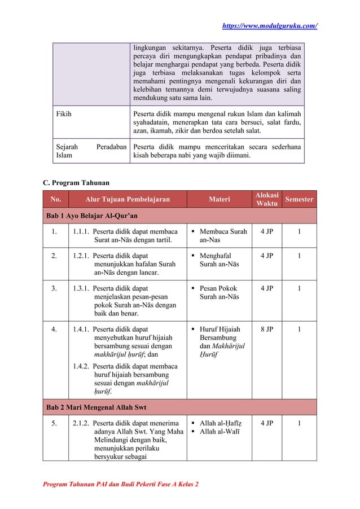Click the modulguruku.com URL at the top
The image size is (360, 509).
click(x=270, y=26)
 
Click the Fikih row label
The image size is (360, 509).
click(x=64, y=113)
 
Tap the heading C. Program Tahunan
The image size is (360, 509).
click(x=78, y=182)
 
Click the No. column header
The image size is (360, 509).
click(x=56, y=199)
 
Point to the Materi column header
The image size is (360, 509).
click(x=219, y=199)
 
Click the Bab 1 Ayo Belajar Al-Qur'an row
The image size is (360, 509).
click(x=91, y=216)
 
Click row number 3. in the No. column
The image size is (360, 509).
click(x=54, y=288)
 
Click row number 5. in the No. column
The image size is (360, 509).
click(x=54, y=423)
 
